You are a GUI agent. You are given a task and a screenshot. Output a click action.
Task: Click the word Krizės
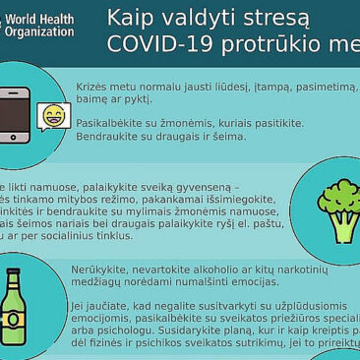pos(92,88)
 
